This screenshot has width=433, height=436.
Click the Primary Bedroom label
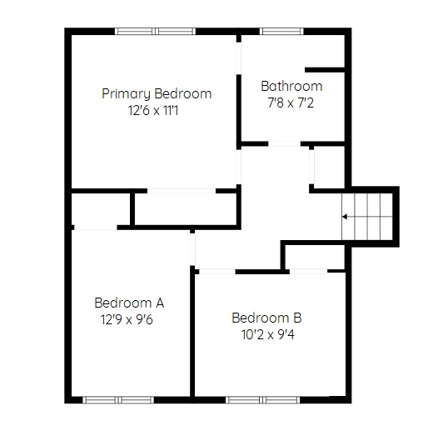(157, 93)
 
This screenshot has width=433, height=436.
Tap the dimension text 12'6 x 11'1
(153, 110)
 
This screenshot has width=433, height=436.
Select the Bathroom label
(291, 86)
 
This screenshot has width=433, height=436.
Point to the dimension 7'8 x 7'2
(291, 103)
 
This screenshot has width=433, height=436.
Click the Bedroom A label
(129, 303)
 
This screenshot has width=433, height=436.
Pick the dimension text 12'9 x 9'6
(127, 319)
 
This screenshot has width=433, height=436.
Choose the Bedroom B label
(266, 318)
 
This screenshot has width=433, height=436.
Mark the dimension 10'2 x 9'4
(268, 335)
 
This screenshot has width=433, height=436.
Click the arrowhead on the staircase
(345, 217)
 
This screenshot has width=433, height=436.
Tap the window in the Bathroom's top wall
(281, 31)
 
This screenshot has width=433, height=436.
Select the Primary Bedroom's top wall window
(155, 31)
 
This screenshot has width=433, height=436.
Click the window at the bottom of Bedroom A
(118, 400)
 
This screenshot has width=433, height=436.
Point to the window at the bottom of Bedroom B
(263, 400)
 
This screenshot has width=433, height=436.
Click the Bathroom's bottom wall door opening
(285, 143)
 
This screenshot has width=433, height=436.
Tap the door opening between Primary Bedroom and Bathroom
(239, 58)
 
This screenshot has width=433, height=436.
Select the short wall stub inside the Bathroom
(325, 70)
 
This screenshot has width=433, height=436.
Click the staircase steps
(367, 217)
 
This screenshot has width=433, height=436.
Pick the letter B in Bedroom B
(297, 318)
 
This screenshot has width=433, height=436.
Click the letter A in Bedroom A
(160, 303)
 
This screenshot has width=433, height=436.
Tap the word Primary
(126, 94)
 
